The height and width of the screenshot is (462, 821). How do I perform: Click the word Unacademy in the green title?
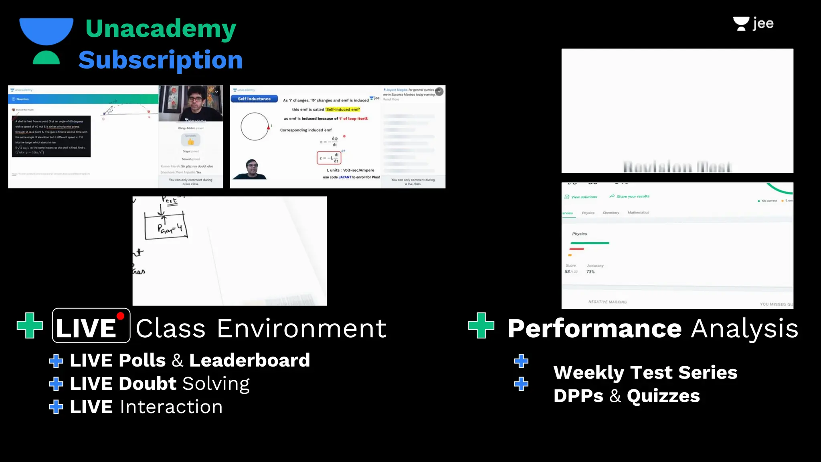pos(161,29)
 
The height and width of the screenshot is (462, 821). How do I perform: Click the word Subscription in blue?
pos(160,60)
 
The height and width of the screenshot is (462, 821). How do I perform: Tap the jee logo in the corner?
pos(753,24)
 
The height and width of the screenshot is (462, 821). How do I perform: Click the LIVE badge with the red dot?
pos(91,326)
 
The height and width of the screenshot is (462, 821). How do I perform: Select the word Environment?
pos(302,329)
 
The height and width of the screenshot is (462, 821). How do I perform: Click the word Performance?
pos(595,329)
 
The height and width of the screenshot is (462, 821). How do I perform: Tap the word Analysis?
pos(745,329)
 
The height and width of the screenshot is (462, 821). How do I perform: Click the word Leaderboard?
pos(249,360)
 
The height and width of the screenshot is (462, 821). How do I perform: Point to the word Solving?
pos(216,384)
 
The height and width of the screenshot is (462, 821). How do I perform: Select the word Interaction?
pos(171,407)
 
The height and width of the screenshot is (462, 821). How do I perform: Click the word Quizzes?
pos(663,396)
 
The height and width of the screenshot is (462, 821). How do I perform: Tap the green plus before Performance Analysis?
pos(481,326)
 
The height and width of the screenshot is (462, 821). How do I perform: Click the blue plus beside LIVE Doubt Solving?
pos(56,384)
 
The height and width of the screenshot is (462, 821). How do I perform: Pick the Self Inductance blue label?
pos(254,99)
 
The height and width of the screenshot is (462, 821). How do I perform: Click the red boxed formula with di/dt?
pos(329,158)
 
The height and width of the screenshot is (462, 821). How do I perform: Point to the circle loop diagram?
pos(255,127)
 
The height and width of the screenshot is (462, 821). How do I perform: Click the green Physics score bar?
pos(590,243)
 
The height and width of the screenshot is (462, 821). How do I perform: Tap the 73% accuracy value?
pos(590,272)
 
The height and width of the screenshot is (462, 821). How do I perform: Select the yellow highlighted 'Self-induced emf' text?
pos(343,109)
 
